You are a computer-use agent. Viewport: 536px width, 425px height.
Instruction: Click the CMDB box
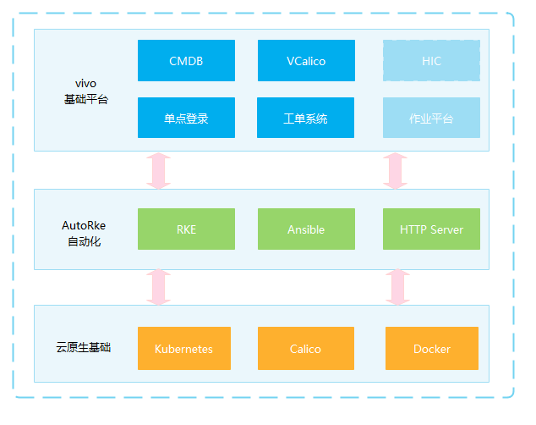tap(186, 61)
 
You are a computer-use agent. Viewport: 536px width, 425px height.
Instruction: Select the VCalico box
tap(306, 61)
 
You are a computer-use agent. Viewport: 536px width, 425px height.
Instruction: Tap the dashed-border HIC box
tap(431, 61)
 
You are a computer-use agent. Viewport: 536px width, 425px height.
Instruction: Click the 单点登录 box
tap(186, 118)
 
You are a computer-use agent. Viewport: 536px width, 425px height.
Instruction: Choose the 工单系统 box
tap(305, 118)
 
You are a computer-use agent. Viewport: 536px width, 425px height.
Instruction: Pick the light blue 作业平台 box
tap(431, 118)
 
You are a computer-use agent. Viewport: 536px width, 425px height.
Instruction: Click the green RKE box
tap(186, 229)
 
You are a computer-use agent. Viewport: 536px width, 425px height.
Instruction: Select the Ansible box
tap(306, 229)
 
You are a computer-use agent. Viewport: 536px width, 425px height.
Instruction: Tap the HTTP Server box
tap(431, 229)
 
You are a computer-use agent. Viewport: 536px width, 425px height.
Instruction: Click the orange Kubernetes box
tap(184, 348)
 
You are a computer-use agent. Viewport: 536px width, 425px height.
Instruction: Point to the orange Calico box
tap(306, 348)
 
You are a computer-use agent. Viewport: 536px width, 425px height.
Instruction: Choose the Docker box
tap(432, 348)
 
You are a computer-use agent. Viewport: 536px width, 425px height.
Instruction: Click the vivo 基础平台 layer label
tap(86, 91)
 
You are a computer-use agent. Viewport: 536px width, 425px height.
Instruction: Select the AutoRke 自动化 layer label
tap(84, 234)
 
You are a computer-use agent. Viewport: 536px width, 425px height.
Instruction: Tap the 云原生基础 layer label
tap(84, 347)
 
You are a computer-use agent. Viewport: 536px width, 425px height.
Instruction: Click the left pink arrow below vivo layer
tap(159, 170)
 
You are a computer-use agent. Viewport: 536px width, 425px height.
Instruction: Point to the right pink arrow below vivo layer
tap(395, 170)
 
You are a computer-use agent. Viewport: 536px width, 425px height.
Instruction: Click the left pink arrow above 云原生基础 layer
tap(159, 287)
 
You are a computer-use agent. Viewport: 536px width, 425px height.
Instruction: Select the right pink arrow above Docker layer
tap(397, 287)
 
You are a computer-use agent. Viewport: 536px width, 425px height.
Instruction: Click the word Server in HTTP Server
tap(446, 229)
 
